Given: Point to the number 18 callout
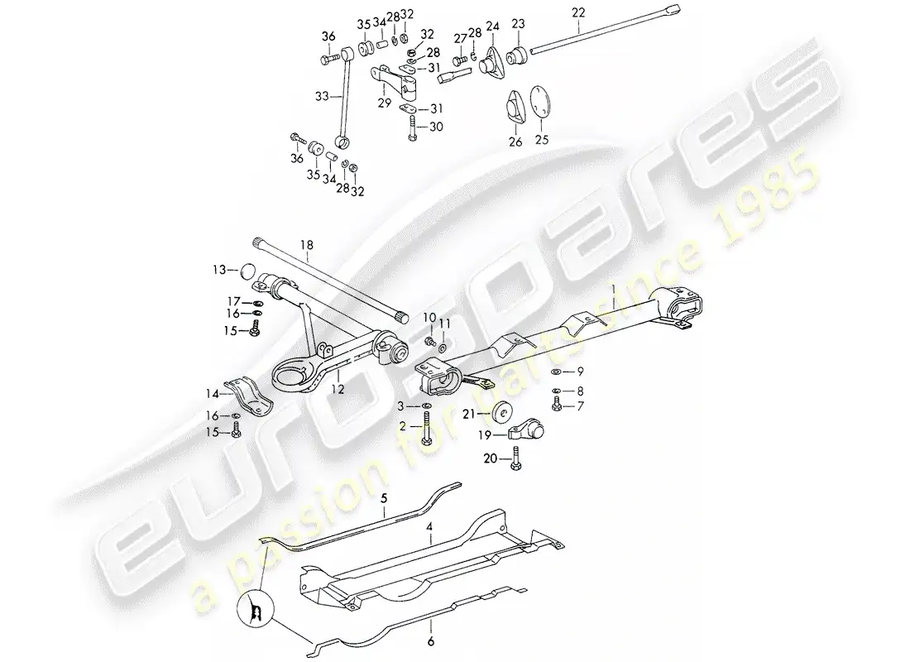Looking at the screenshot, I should click(307, 245).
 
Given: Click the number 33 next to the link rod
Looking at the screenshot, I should click(322, 95).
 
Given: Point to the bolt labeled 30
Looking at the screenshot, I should click(410, 127).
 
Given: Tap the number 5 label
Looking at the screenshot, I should click(383, 500).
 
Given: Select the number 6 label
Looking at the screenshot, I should click(429, 640).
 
